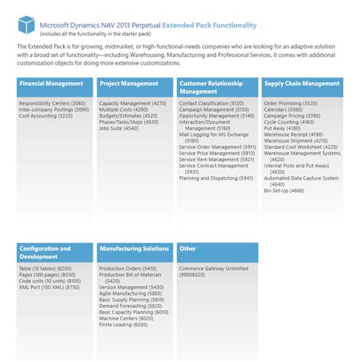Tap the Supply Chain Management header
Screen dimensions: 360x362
click(x=301, y=83)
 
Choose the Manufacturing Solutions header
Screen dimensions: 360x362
click(x=134, y=248)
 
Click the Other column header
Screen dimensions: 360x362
click(x=214, y=248)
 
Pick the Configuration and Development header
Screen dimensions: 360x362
click(x=53, y=252)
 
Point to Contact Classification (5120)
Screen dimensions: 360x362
click(x=212, y=102)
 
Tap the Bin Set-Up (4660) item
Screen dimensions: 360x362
click(x=285, y=190)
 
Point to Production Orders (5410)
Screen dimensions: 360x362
click(x=128, y=269)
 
